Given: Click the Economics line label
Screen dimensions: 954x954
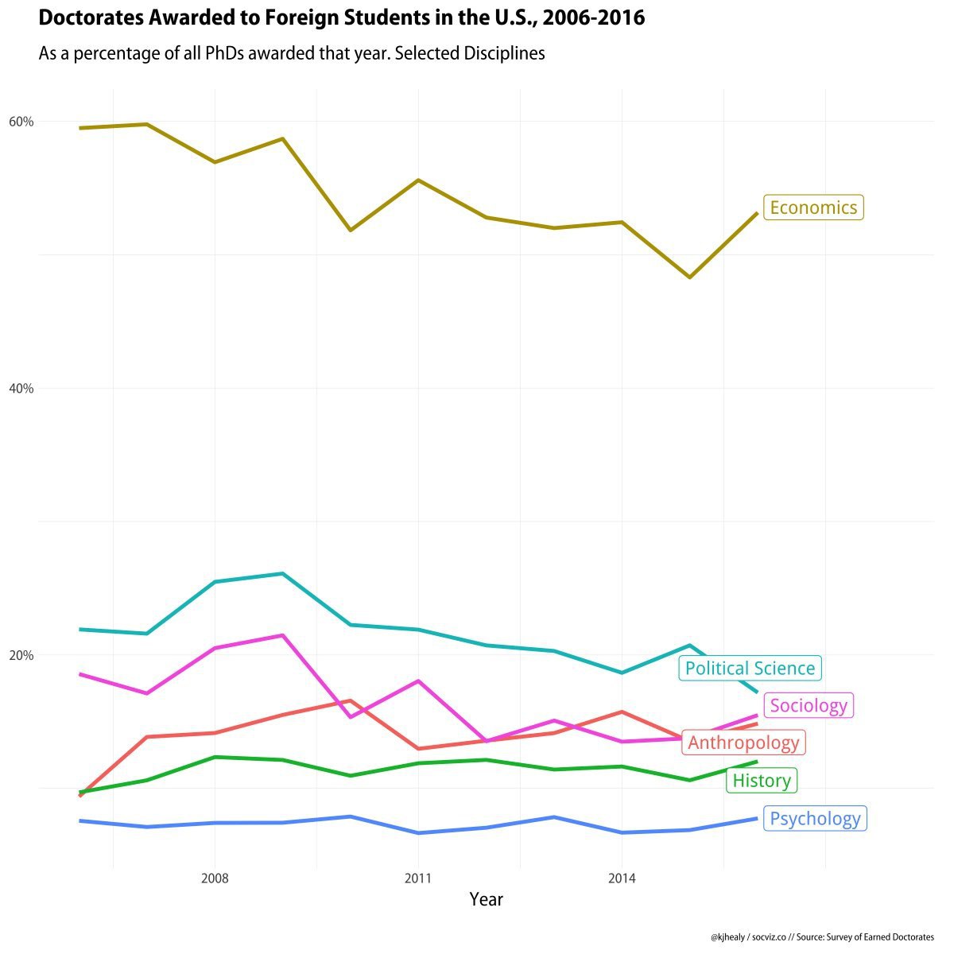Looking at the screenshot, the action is click(813, 207).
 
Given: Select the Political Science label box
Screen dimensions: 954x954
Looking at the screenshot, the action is click(750, 668).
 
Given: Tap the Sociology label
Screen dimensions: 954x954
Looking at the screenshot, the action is click(809, 705).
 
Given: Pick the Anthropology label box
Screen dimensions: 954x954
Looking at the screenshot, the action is click(743, 742).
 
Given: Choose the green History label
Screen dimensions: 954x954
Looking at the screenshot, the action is click(762, 780).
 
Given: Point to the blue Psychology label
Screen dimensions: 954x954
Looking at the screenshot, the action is click(815, 818).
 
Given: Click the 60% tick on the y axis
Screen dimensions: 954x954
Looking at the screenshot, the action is click(21, 122).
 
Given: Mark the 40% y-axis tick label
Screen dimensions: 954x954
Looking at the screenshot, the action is click(21, 389).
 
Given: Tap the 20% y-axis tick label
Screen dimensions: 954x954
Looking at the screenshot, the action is click(21, 655).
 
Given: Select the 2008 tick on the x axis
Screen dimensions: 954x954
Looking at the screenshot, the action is click(215, 878).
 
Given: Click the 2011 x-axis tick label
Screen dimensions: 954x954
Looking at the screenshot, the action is click(418, 878).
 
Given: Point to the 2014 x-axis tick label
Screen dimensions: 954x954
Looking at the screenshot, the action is click(622, 878).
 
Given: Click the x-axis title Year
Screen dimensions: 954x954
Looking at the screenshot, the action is click(487, 899).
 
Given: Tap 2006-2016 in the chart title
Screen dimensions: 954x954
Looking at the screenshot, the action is click(594, 17).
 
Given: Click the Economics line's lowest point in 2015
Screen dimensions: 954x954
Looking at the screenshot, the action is click(689, 277).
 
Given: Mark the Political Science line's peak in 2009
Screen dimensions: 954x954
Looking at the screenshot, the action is click(283, 574).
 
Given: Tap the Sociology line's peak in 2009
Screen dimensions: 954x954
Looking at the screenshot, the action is click(283, 635).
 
